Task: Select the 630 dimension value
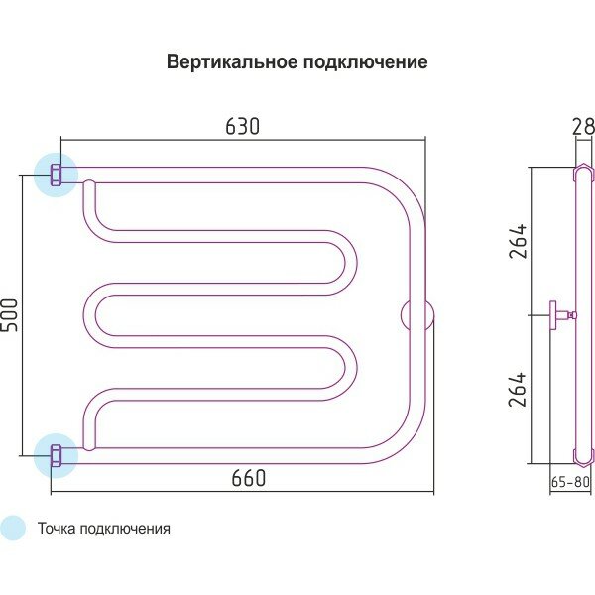pos(242,126)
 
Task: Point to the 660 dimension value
pos(248,478)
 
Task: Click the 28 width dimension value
pos(582,126)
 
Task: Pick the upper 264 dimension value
pos(518,241)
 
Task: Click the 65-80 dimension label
pos(569,483)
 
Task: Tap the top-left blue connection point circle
pos(55,176)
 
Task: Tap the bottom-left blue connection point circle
pos(55,456)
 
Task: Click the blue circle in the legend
pos(13,529)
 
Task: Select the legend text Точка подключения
pos(103,529)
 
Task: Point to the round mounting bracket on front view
pos(416,315)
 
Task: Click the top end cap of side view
pos(582,174)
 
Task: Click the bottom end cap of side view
pos(582,456)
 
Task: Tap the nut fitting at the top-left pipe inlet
pos(57,176)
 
